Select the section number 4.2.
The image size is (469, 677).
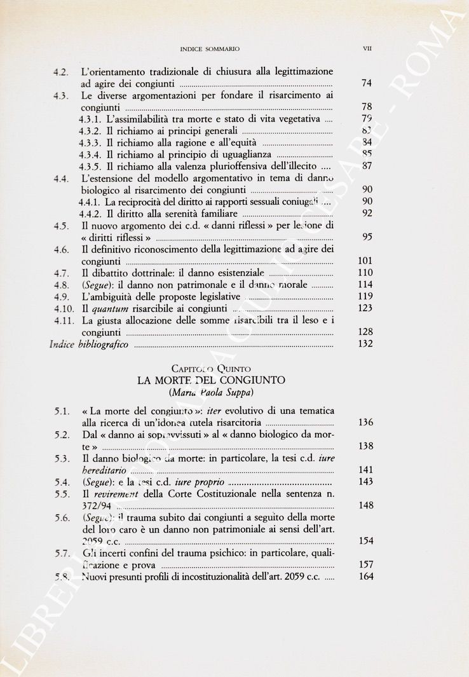[x=62, y=71]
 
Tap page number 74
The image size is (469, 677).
[x=366, y=83]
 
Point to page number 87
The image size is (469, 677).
[x=366, y=166]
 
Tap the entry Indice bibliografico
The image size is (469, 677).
[x=89, y=344]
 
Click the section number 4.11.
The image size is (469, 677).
[x=64, y=320]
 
